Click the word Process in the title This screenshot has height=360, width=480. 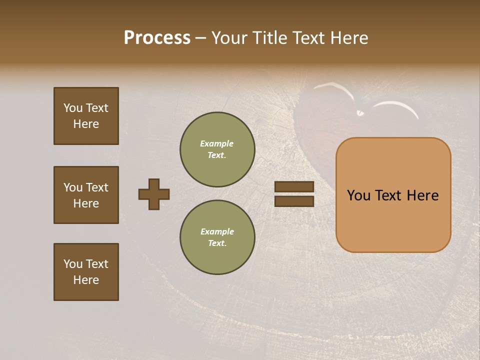[157, 38]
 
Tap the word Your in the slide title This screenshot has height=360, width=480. [230, 38]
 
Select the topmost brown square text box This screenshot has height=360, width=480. [86, 116]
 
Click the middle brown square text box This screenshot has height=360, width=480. [86, 195]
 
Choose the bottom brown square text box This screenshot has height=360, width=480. [86, 272]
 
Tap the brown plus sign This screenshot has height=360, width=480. [154, 194]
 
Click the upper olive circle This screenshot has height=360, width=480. [217, 149]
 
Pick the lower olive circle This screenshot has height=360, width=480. [217, 237]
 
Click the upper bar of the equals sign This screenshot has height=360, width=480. [294, 186]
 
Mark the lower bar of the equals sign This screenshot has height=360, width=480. [294, 201]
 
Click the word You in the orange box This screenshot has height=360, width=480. [359, 195]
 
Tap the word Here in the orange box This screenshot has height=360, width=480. [422, 195]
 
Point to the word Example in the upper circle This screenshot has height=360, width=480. [217, 143]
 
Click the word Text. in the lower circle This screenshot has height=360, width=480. [217, 243]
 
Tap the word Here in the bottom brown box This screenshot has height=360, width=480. [86, 280]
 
